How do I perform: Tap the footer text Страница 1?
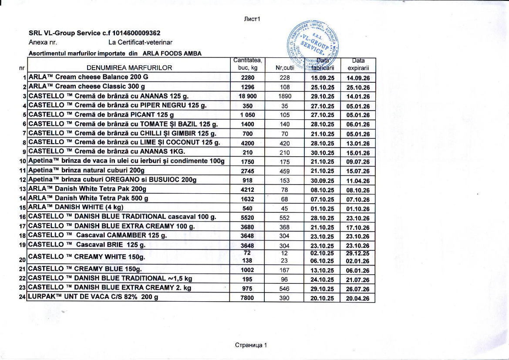point(251,345)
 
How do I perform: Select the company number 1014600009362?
point(136,33)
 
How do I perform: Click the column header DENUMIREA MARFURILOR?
point(129,67)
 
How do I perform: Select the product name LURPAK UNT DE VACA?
point(92,298)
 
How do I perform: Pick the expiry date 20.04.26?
point(358,299)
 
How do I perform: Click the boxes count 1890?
point(285,97)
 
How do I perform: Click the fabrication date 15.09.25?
point(322,78)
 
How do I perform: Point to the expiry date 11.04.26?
point(358,181)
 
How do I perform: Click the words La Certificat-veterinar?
point(140,43)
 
